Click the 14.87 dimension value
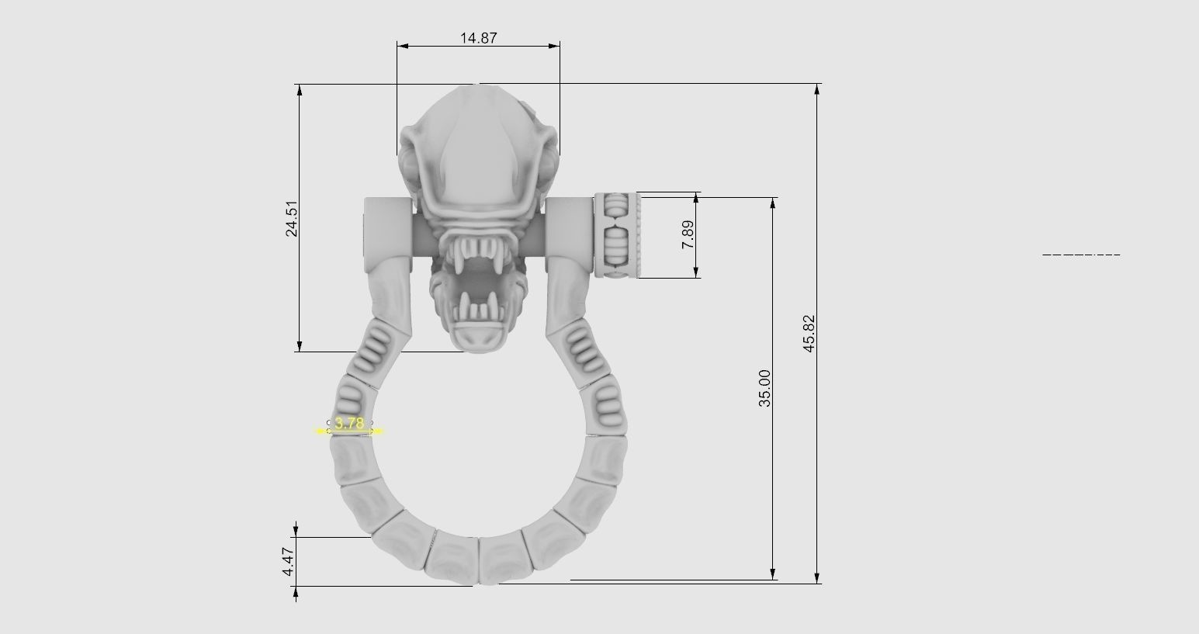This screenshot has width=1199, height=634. click(x=478, y=37)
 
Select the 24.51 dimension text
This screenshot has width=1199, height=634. click(x=292, y=219)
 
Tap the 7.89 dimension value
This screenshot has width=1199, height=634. click(x=688, y=234)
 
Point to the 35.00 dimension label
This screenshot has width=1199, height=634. click(x=765, y=388)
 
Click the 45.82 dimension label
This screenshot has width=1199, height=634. click(x=809, y=334)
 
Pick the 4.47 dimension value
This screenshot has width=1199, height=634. click(x=289, y=561)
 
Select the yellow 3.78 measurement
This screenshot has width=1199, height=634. click(x=349, y=424)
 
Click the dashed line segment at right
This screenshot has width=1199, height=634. click(x=1080, y=255)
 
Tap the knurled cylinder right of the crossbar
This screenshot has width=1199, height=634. click(x=618, y=234)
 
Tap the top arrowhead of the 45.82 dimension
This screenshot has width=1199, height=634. click(x=816, y=90)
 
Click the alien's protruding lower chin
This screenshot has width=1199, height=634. click(x=478, y=338)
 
